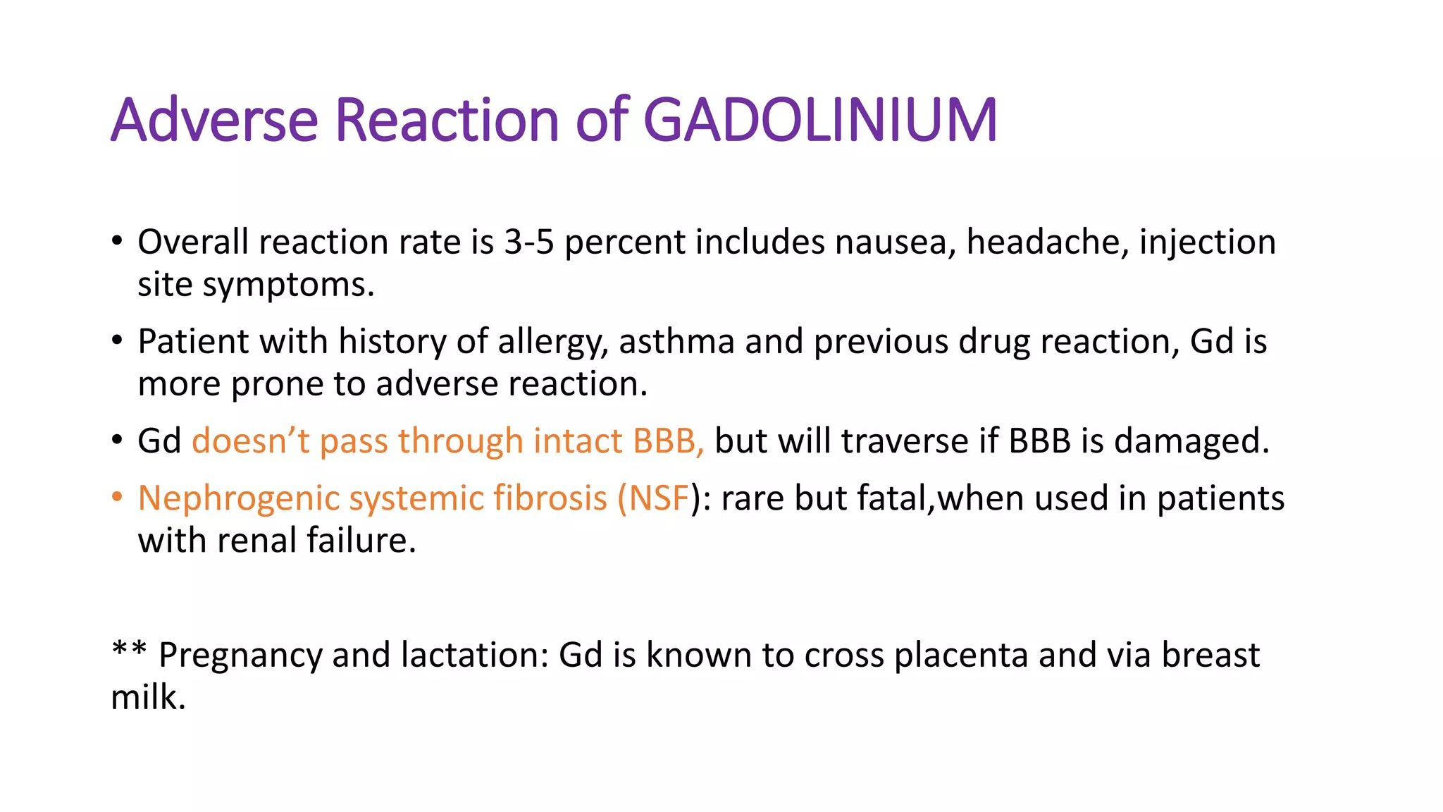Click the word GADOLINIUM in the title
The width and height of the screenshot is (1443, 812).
coord(820,120)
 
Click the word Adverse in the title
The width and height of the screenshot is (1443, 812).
coord(214,120)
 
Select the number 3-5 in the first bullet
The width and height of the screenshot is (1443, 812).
coord(528,242)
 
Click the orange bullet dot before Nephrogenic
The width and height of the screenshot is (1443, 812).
coord(117,497)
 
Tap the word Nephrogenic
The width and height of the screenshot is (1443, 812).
coord(238,499)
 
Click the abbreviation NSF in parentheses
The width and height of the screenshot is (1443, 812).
coord(658,498)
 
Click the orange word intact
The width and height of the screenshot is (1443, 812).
coord(577,441)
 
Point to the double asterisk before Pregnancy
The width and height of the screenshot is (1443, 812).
coord(129,648)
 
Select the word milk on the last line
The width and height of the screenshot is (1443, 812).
coord(147,698)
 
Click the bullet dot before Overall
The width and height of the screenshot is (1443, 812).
coord(117,241)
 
